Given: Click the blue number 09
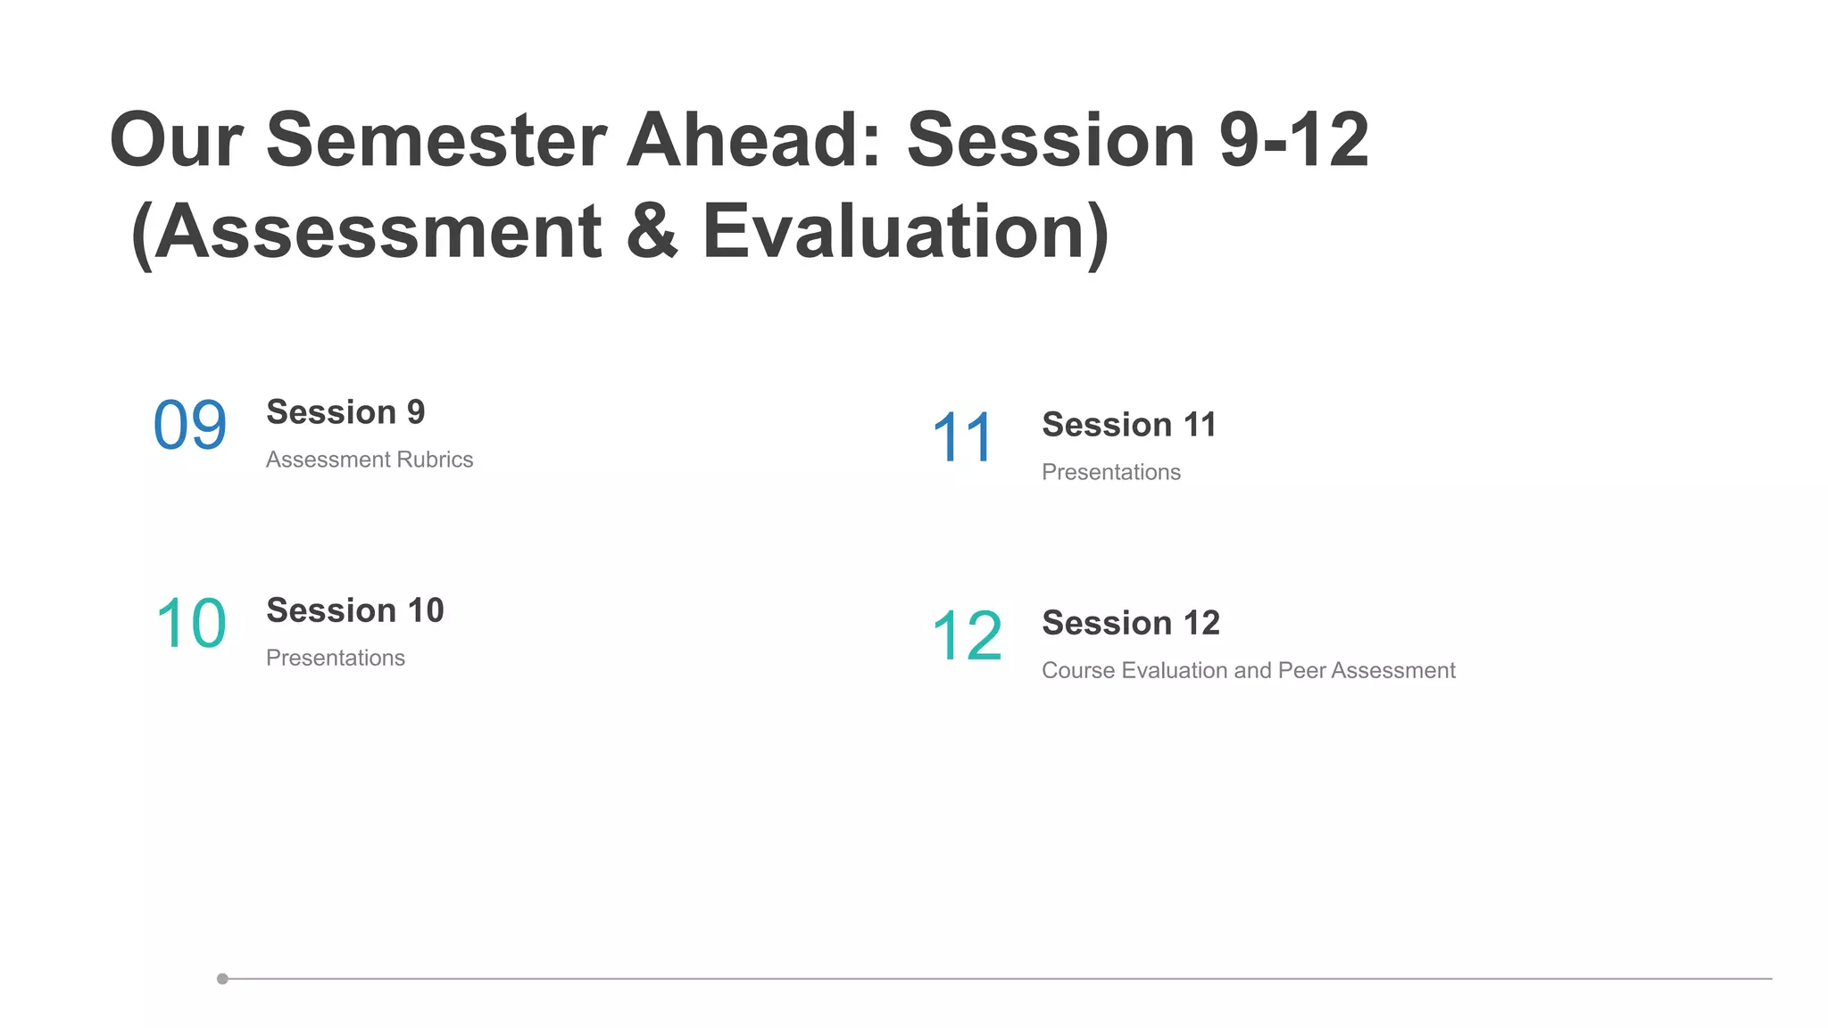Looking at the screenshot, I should (190, 425).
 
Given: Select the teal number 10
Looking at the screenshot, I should (191, 623).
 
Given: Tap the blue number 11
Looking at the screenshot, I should (962, 437).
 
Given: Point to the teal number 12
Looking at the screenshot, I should (967, 635).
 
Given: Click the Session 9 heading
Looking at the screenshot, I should (345, 412).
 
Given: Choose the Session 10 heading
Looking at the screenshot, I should (354, 610).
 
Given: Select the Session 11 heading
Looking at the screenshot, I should (1128, 425).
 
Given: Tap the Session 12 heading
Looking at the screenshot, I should (1130, 623).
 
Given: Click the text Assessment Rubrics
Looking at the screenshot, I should (370, 460).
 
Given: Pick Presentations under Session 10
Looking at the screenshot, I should (336, 658).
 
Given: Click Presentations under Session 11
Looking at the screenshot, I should (1111, 472).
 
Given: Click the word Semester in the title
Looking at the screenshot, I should (436, 139).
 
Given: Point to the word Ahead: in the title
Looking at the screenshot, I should (754, 139).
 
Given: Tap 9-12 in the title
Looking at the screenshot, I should (1293, 139).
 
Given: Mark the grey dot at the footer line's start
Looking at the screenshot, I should (222, 979).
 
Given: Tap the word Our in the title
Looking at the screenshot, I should (176, 139).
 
